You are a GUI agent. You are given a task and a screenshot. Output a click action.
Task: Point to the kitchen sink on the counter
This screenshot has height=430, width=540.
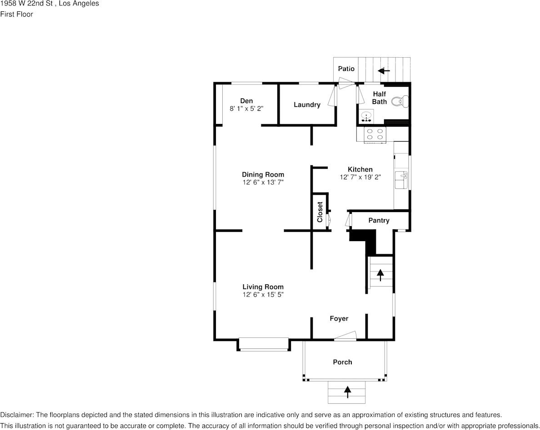coord(401,180)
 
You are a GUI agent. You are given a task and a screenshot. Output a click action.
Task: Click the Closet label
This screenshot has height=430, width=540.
coord(320,212)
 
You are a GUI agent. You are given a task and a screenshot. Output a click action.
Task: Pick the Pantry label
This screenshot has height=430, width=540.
coord(379,221)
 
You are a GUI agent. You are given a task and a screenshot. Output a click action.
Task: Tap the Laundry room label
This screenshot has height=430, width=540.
coord(307,105)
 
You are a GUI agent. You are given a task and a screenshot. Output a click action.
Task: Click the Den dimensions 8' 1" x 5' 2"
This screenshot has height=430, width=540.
coord(246,109)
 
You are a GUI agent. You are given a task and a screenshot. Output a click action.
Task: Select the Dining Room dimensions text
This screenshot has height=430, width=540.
coord(263,183)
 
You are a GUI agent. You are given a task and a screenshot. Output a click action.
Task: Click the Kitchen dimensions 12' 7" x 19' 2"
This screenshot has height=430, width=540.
coord(360,178)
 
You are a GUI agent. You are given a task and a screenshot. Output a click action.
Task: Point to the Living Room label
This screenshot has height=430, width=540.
coord(263,287)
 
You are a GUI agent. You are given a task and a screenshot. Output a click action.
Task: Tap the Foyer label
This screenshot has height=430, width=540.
coord(339,319)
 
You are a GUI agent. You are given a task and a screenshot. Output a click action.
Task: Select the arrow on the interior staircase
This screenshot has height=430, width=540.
coord(380,274)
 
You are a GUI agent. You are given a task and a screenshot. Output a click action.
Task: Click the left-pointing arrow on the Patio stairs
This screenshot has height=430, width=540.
coord(384,70)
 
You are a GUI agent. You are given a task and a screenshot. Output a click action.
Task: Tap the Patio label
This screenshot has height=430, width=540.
coord(346,69)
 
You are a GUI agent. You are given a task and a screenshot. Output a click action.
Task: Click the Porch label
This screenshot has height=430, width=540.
coord(342,362)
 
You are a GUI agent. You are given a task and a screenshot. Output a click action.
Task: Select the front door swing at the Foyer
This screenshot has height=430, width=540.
coord(345,336)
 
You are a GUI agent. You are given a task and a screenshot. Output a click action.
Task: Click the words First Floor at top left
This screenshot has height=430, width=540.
coord(16,14)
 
